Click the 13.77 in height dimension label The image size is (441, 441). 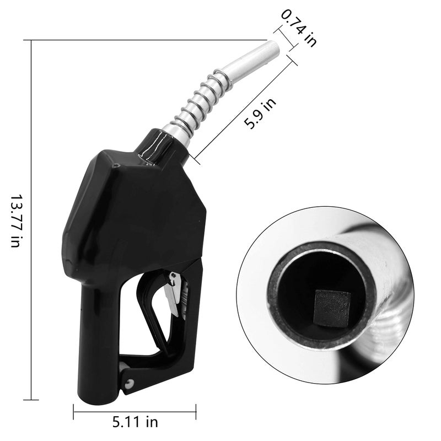click(15, 220)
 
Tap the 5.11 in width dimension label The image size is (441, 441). click(135, 422)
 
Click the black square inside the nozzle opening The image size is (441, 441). click(333, 309)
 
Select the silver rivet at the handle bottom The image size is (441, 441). click(129, 383)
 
